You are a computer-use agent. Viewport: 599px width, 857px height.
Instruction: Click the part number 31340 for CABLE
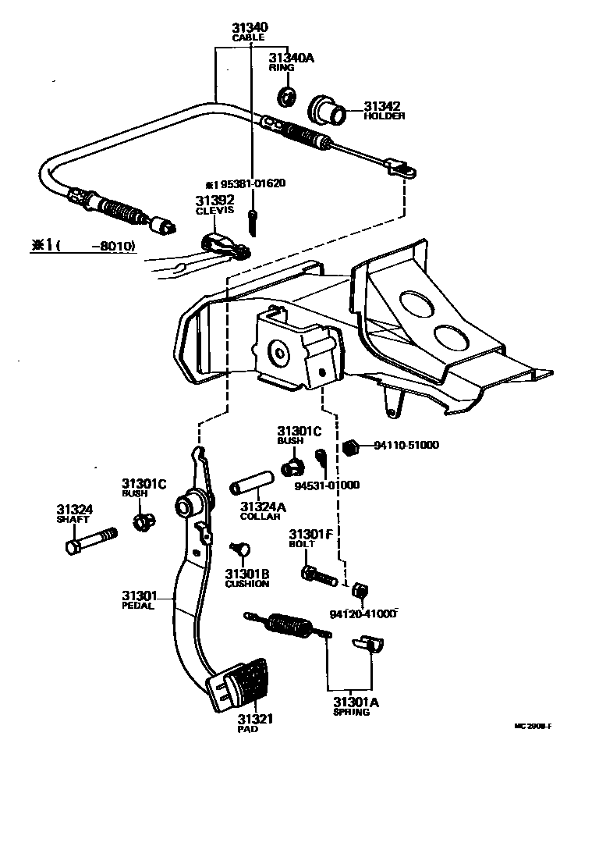[249, 27]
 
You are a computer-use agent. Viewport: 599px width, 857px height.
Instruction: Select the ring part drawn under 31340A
[287, 97]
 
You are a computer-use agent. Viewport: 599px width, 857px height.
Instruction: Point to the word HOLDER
[385, 116]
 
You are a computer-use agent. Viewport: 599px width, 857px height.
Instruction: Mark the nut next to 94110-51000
[351, 446]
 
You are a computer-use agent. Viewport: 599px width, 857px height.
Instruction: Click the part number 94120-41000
[363, 613]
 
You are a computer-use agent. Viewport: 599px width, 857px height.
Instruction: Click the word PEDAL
[138, 605]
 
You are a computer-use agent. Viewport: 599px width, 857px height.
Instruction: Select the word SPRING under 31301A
[351, 712]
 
